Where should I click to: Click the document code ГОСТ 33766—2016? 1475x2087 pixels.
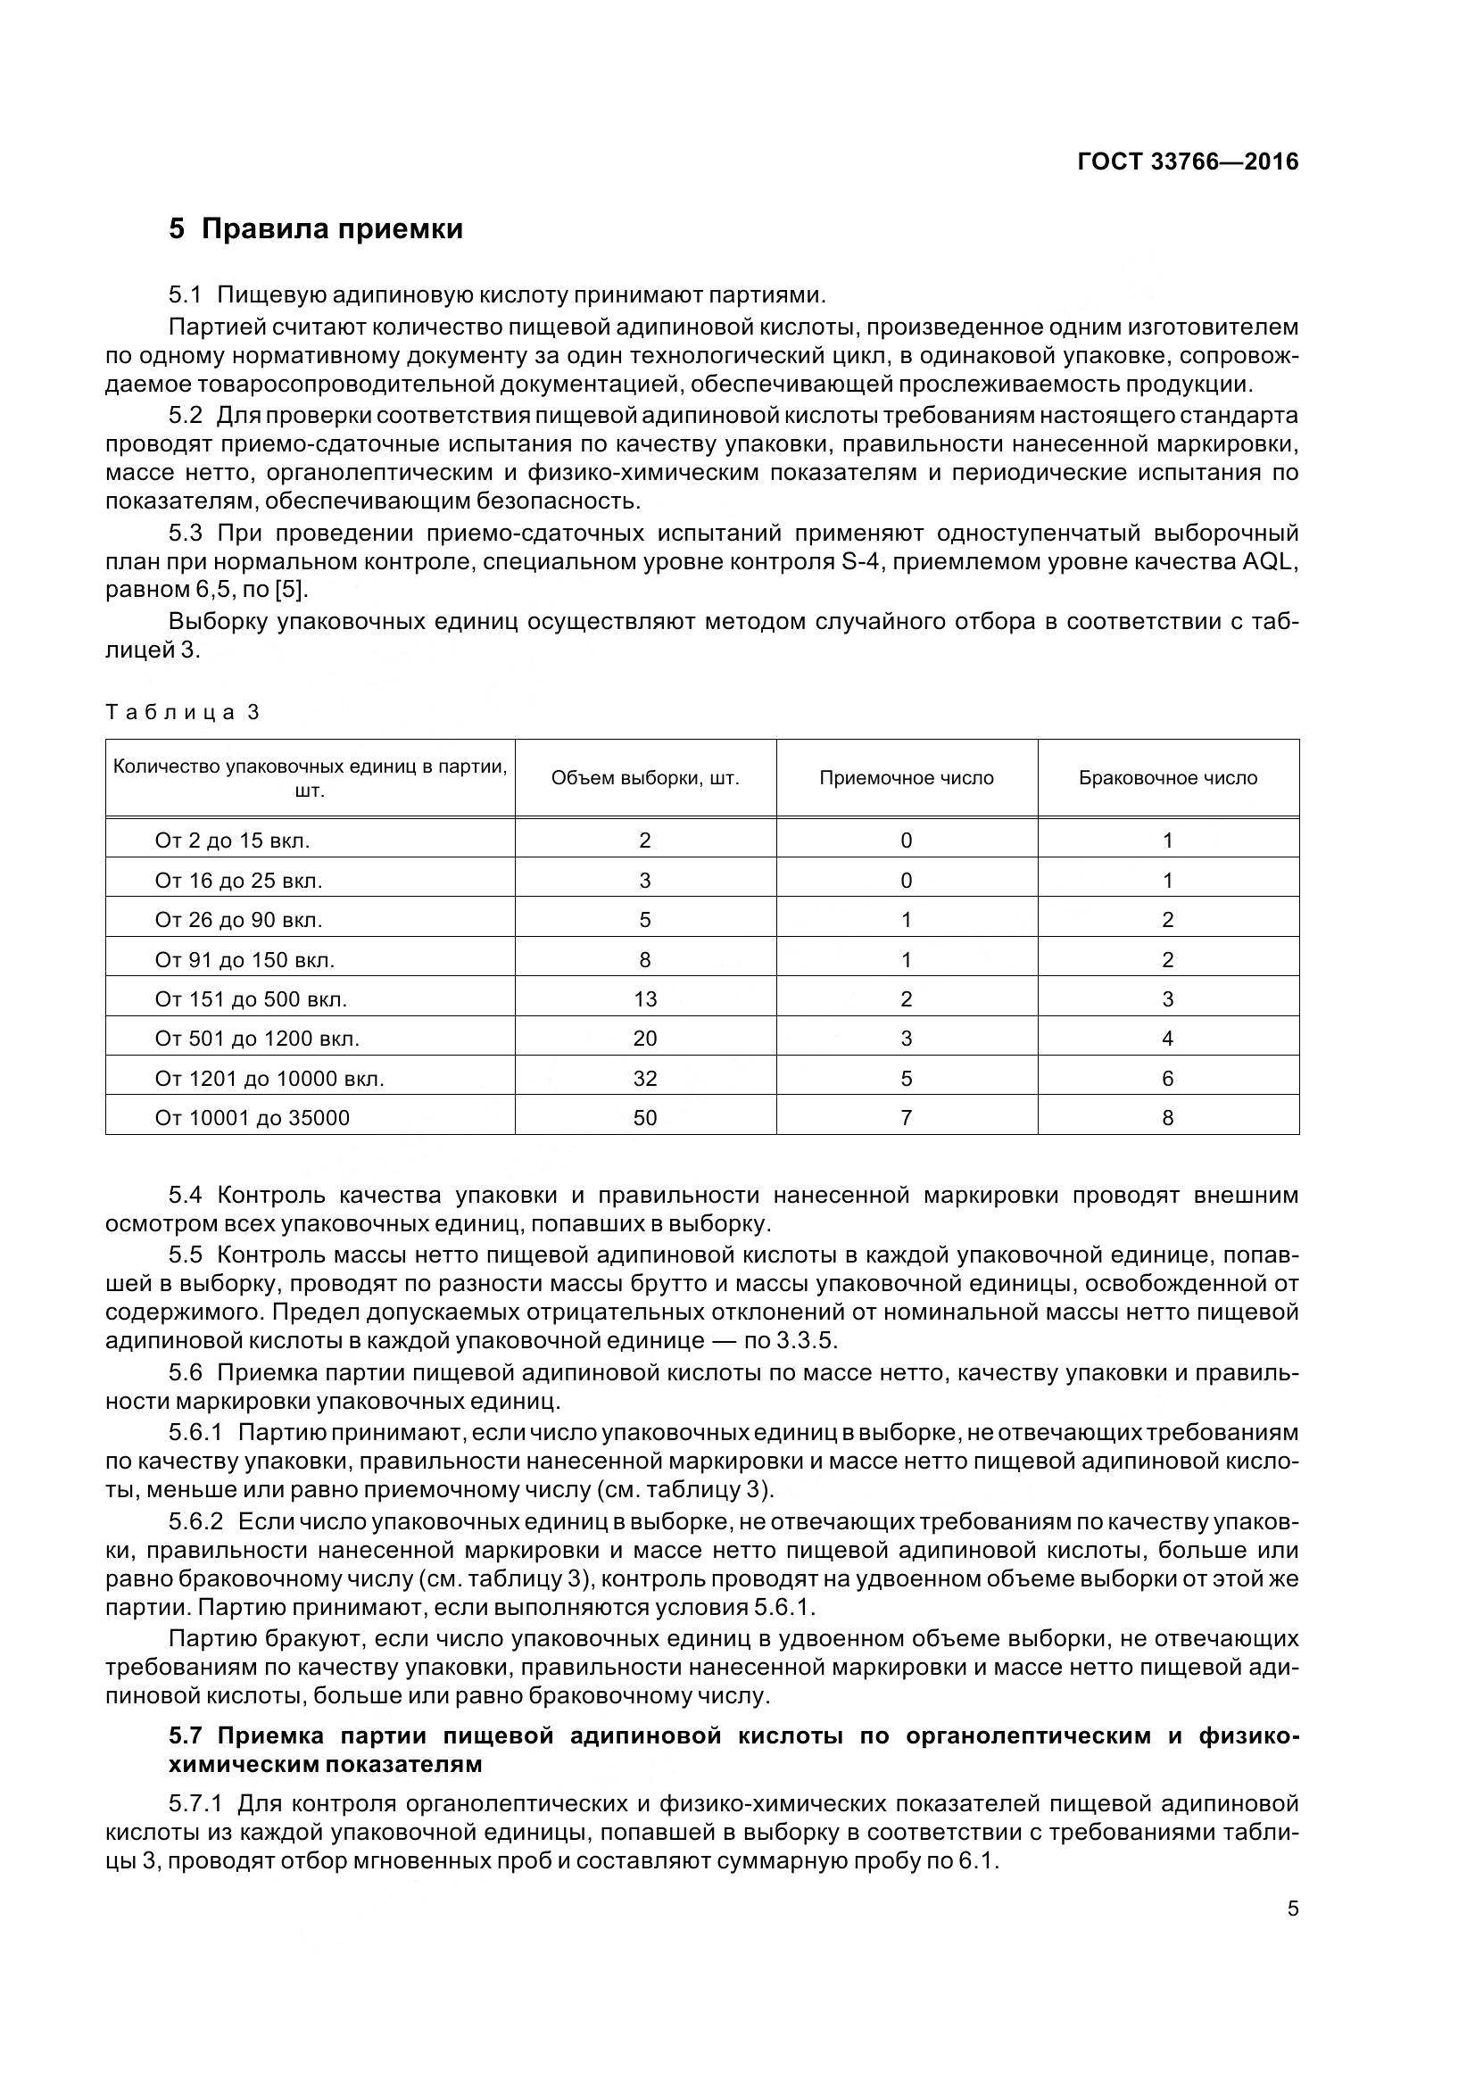tap(1187, 161)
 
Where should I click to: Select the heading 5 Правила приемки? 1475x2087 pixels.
tap(315, 228)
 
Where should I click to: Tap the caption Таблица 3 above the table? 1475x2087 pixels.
tap(183, 712)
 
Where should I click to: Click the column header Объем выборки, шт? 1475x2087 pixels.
tap(644, 778)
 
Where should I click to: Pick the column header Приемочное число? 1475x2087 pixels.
tap(906, 778)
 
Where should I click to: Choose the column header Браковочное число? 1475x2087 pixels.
tap(1168, 778)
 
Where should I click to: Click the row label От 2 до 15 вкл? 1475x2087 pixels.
tap(232, 841)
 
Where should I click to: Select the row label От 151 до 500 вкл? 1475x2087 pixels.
tap(251, 1000)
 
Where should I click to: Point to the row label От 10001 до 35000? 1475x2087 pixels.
tap(252, 1118)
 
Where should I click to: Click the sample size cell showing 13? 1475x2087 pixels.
tap(644, 1000)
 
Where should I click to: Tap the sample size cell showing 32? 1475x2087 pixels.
tap(644, 1079)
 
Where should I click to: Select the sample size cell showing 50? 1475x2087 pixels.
tap(644, 1118)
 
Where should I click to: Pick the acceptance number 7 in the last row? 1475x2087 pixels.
tap(906, 1118)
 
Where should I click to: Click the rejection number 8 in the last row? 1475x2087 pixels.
tap(1168, 1118)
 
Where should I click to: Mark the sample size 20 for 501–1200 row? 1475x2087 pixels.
tap(644, 1039)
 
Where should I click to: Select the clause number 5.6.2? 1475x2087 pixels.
tap(195, 1521)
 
